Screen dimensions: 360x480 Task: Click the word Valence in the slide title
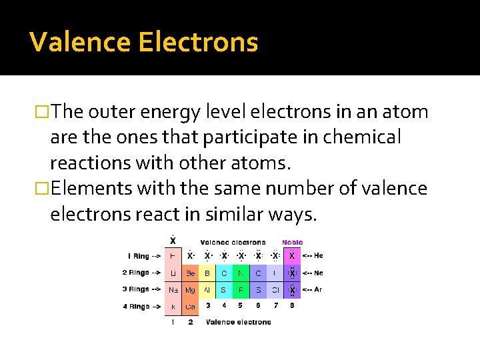(80, 43)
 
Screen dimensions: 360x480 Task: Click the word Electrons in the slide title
(198, 43)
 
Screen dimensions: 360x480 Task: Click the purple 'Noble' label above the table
(292, 243)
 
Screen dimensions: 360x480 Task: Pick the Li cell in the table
(173, 273)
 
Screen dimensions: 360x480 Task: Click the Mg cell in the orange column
(190, 290)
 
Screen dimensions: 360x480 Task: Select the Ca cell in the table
(190, 307)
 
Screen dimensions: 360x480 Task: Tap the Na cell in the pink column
(173, 290)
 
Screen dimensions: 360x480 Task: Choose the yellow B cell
(207, 273)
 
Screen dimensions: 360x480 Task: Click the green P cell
(241, 290)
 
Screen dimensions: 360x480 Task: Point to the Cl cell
(275, 290)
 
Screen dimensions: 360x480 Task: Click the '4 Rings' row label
(141, 307)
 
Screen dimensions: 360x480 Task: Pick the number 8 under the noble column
(292, 306)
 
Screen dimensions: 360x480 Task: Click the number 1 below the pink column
(172, 322)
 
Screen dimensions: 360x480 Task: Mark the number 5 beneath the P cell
(241, 306)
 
